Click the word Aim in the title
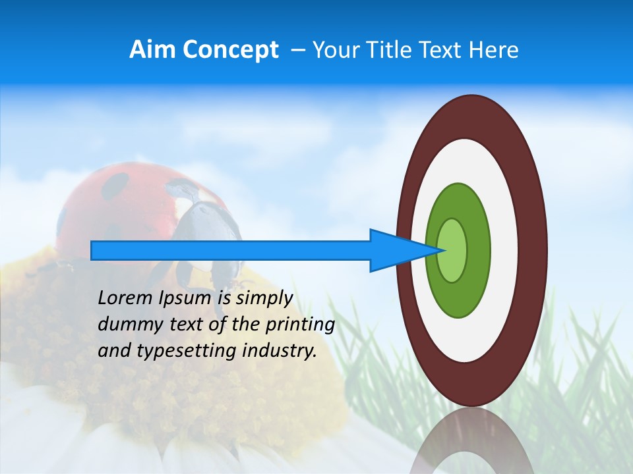[x=152, y=50]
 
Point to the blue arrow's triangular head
[x=396, y=250]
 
